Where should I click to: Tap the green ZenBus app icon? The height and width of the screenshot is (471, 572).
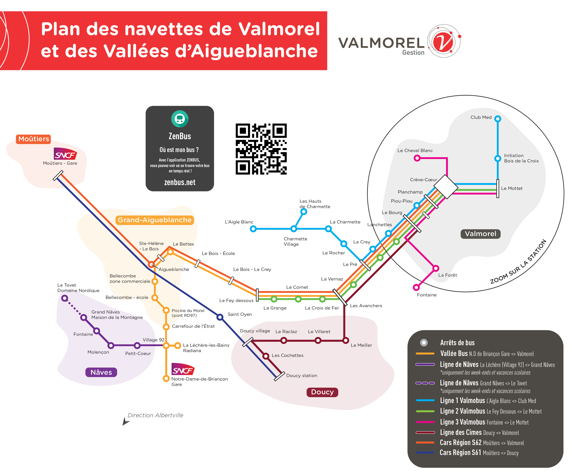[x=179, y=118]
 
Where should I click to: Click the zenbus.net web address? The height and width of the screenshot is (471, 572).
[x=179, y=182]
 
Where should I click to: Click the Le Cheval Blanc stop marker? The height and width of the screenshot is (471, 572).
[x=417, y=158]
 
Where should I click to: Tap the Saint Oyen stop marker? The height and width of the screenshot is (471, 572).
[x=220, y=317]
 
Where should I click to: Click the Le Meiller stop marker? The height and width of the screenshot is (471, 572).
[x=346, y=340]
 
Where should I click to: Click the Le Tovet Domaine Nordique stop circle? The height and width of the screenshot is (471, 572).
[x=64, y=298]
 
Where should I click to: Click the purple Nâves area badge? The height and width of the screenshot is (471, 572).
[x=101, y=372]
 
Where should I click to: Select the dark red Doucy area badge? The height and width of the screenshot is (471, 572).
[x=322, y=392]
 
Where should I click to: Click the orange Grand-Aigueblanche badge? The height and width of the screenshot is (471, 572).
[x=155, y=220]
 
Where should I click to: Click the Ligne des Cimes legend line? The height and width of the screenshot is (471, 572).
[x=425, y=432]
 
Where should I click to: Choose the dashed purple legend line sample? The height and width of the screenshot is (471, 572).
[x=425, y=383]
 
